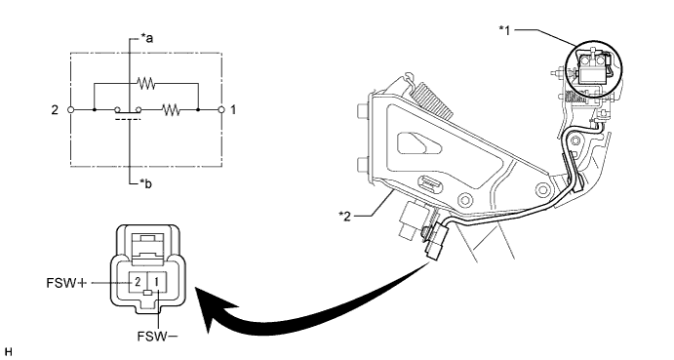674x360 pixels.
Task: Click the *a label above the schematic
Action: click(x=147, y=39)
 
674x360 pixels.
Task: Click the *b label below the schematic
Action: click(x=146, y=184)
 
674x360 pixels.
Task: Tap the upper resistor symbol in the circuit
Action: click(x=145, y=84)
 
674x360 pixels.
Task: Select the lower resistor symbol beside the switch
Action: click(x=171, y=110)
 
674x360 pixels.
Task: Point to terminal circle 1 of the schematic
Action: click(x=221, y=110)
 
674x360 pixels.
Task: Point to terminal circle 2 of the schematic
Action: click(x=71, y=110)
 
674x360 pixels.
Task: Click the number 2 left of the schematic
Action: click(x=55, y=110)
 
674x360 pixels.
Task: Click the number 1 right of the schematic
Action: click(x=233, y=110)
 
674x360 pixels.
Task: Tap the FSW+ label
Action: click(x=66, y=283)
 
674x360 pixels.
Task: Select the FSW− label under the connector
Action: click(x=158, y=337)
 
